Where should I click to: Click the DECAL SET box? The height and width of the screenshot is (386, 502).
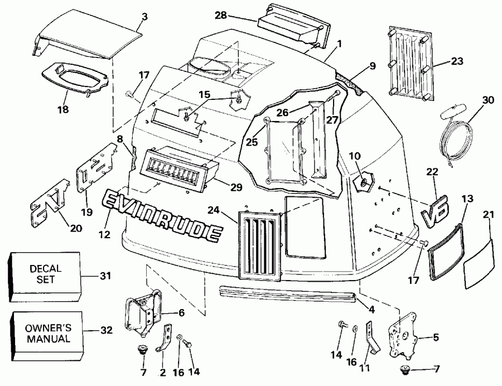(42, 274)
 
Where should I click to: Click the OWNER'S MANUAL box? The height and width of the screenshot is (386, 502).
(46, 333)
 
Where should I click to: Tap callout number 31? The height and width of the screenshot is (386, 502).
(105, 275)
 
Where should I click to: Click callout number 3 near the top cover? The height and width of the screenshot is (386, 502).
(144, 17)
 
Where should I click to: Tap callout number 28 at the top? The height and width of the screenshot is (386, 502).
(221, 15)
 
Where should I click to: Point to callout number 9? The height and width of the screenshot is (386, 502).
(373, 65)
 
